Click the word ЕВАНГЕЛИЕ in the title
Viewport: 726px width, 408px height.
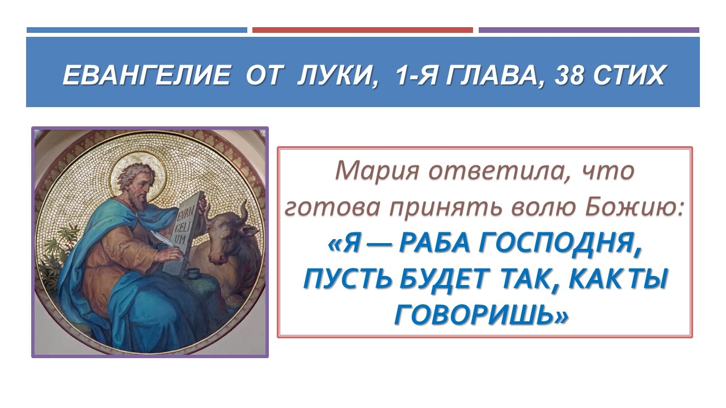click(x=146, y=75)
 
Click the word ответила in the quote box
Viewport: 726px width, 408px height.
click(x=500, y=171)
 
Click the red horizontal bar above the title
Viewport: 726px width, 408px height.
click(x=362, y=30)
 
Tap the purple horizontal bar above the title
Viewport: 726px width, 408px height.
click(x=589, y=30)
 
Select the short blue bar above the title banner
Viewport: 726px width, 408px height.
click(x=137, y=30)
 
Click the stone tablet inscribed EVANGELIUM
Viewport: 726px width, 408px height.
click(x=184, y=233)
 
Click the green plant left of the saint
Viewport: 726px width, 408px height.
click(x=58, y=256)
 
